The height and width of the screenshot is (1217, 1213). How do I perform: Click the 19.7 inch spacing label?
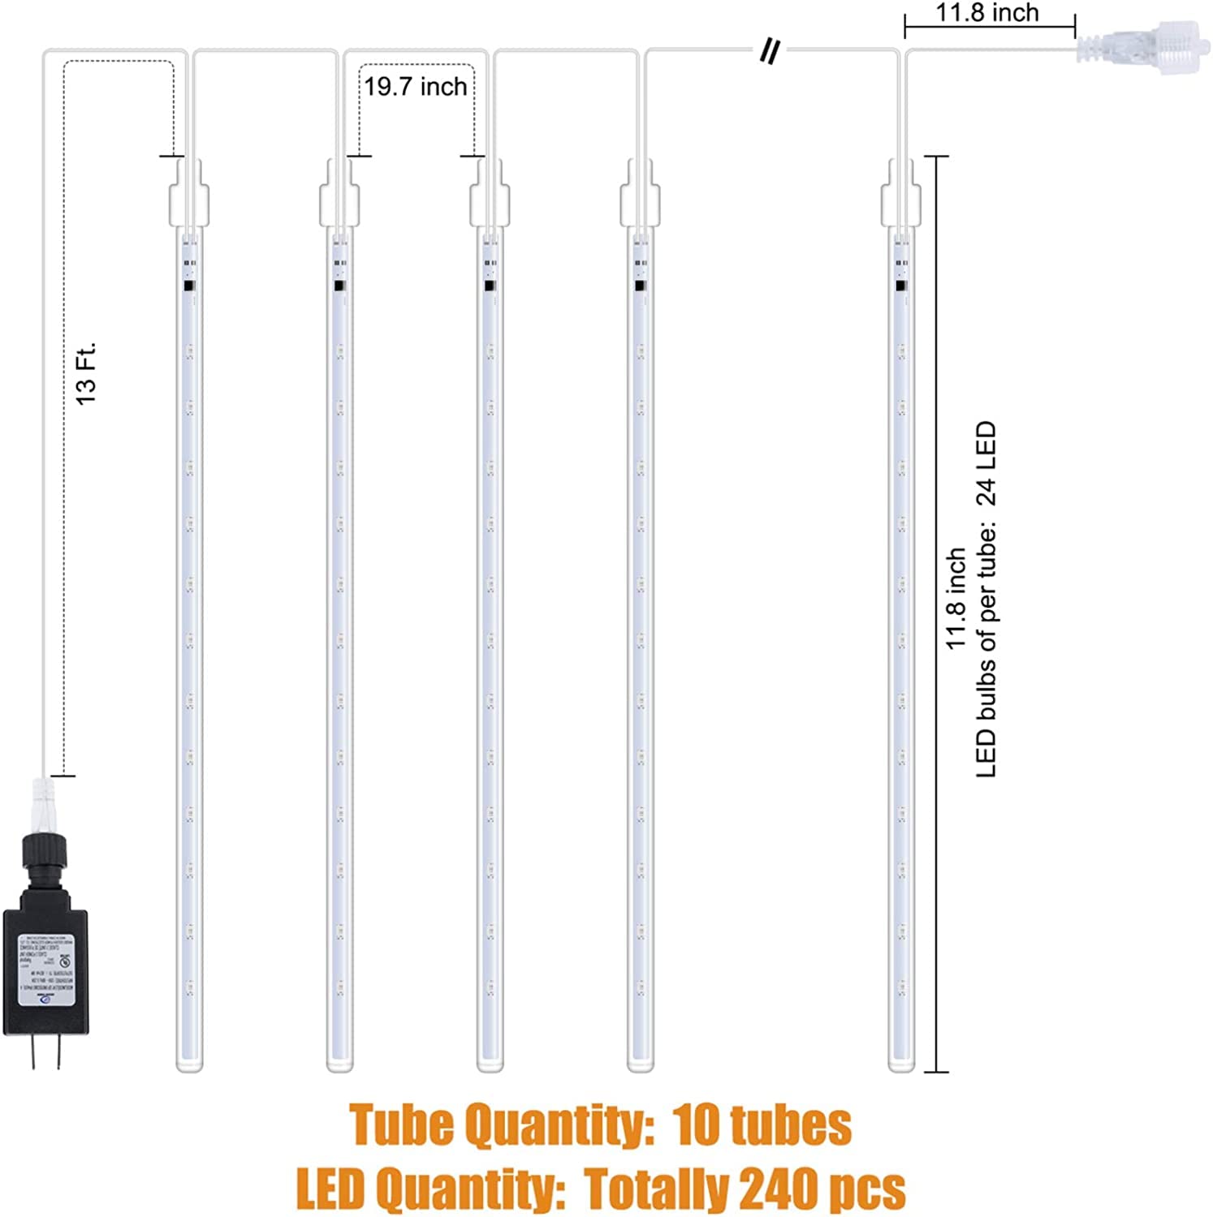(415, 87)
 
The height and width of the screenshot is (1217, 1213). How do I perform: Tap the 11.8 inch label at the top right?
(986, 13)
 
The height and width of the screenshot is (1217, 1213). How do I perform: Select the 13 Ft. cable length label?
(86, 373)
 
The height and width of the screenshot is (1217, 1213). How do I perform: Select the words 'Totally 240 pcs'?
(745, 1189)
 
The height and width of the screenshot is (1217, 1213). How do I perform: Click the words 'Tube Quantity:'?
(502, 1125)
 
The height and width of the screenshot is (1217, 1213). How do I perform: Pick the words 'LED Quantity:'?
(430, 1189)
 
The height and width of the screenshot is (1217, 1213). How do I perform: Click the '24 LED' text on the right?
(986, 463)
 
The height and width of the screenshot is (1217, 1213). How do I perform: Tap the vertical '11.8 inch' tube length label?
(956, 598)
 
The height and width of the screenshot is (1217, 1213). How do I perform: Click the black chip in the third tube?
(490, 286)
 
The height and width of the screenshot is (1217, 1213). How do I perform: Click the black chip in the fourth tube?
(640, 286)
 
